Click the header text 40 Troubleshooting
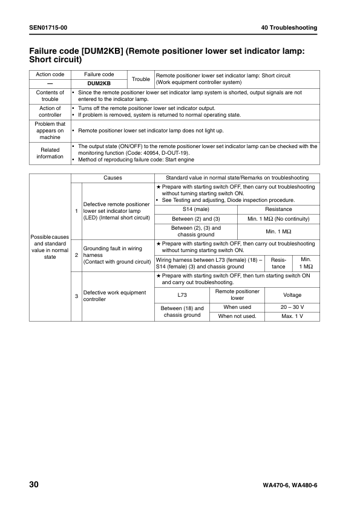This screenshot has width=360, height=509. pos(289,28)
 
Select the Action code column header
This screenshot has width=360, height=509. pos(50,74)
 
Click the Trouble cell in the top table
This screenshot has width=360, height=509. pos(140,79)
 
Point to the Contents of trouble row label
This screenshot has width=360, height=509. pos(50,96)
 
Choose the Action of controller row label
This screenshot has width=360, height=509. pos(50,111)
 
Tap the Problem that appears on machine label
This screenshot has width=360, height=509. pos(50,130)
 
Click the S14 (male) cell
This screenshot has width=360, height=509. pos(196,209)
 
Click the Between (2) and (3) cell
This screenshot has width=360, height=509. pos(196,218)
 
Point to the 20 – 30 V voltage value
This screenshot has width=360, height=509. pos(292,307)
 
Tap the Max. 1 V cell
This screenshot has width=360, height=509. pos(292,316)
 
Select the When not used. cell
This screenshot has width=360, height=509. pos(237,316)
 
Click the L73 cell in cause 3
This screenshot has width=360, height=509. pos(182,295)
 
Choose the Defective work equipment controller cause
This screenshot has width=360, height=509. pos(114,296)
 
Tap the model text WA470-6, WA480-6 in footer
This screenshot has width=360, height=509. pos(290,486)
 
